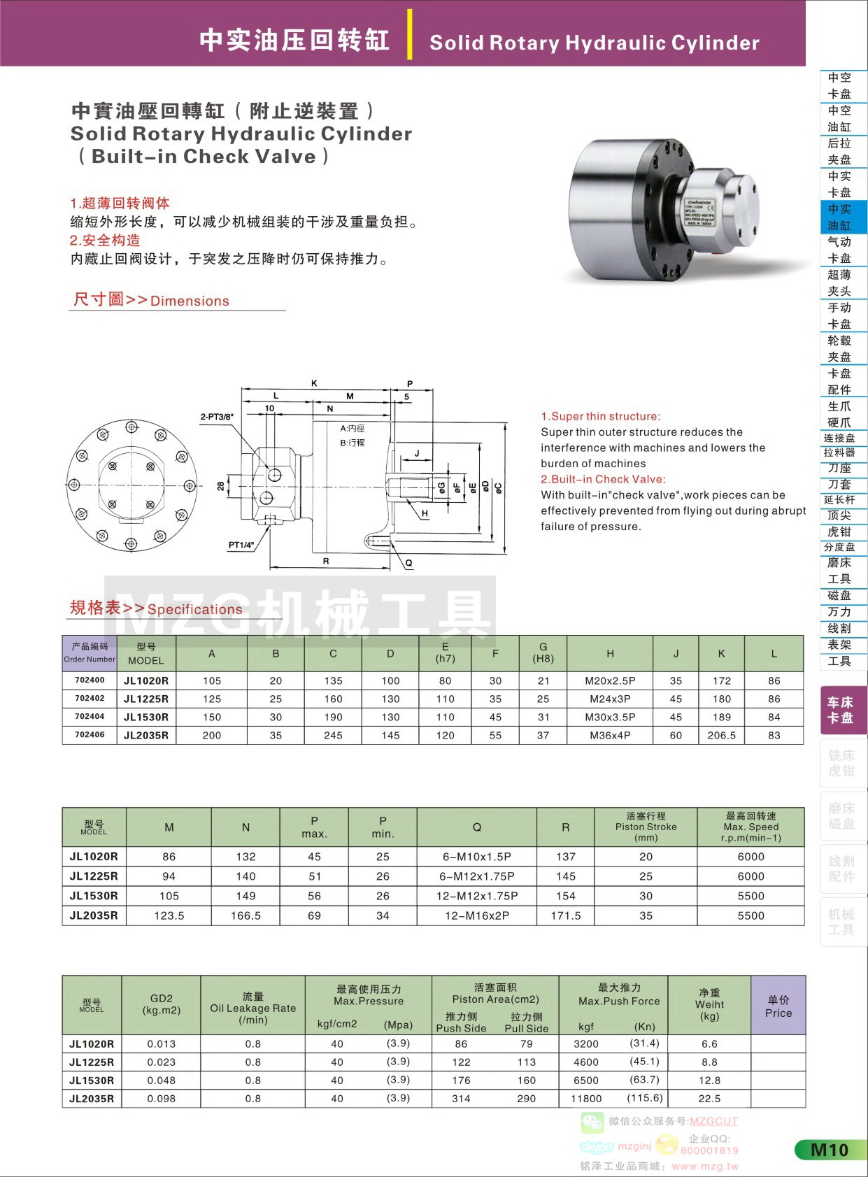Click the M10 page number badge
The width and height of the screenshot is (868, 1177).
point(830,1150)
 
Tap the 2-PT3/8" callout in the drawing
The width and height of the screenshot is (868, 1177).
point(217,417)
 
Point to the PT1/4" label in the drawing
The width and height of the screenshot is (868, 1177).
point(241,545)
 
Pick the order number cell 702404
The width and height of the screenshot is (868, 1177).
point(90,717)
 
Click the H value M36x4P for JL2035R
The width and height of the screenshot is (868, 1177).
point(610,735)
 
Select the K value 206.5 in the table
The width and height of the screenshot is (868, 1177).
point(721,735)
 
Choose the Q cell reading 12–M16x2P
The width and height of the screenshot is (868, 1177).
point(477,915)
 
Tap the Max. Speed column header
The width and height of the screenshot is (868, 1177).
point(750,827)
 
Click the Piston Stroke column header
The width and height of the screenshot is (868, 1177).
point(646,827)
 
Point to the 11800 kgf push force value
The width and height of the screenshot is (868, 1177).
point(586,1099)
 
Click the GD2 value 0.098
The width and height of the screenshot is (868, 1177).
point(162,1099)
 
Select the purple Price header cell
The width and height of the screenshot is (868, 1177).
point(778,1006)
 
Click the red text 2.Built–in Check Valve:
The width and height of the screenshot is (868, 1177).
point(604,479)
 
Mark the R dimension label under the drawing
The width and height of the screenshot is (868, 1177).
point(326,562)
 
